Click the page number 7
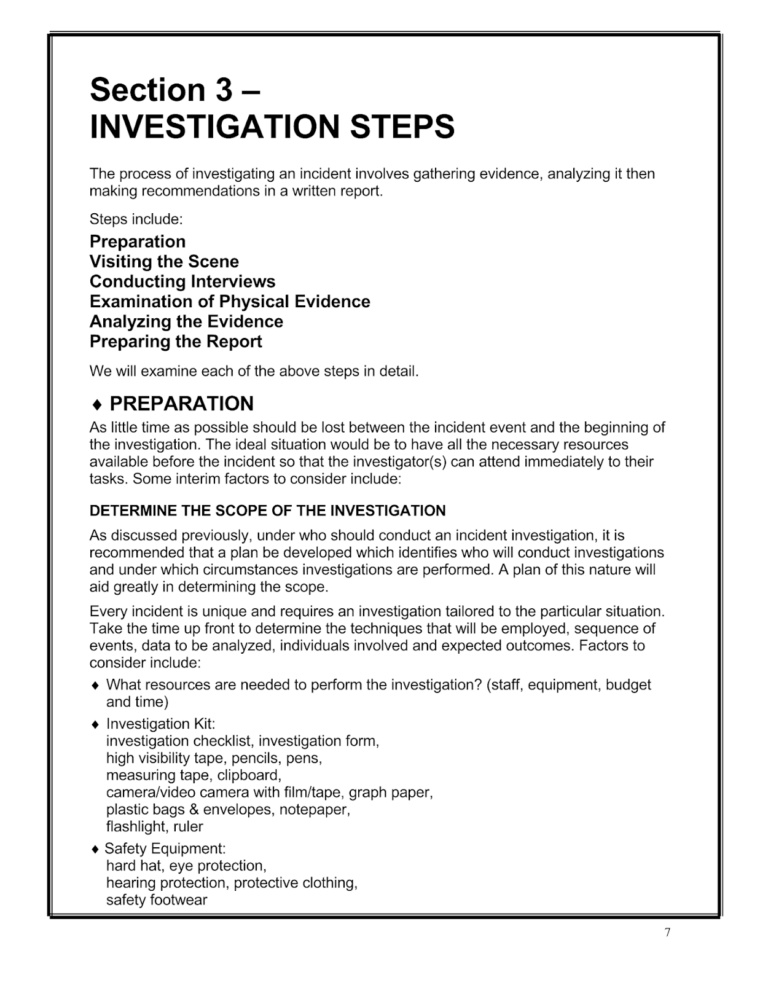667,933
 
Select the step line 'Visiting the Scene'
164,262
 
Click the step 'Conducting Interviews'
182,282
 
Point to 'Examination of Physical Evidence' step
230,302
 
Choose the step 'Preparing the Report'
176,342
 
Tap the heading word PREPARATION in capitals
181,404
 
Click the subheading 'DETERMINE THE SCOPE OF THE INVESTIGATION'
267,511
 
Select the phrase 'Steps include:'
136,219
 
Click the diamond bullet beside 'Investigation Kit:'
95,724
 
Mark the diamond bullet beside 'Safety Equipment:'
95,850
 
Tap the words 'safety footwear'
157,900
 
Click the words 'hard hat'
133,866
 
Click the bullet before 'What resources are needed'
95,685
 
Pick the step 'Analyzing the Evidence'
186,322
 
